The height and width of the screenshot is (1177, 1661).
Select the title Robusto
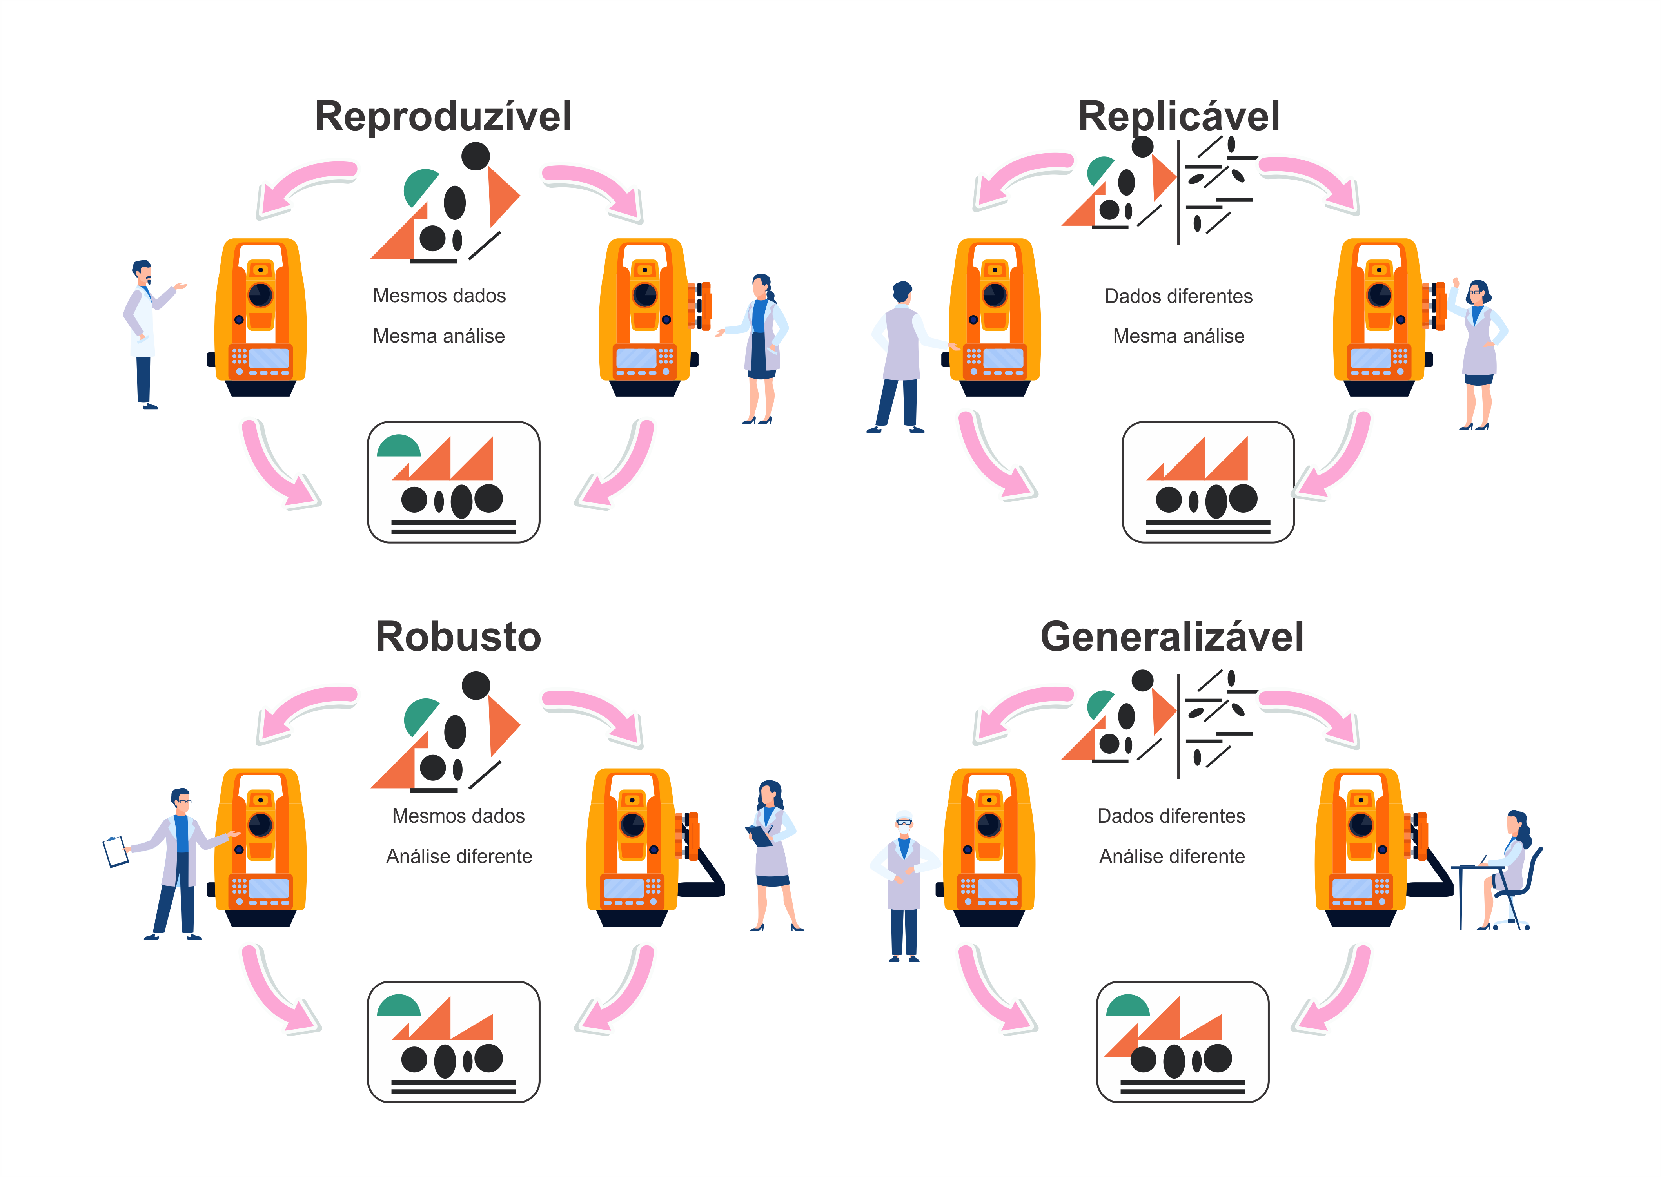pos(458,637)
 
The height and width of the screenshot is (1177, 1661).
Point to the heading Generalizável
pos(1172,637)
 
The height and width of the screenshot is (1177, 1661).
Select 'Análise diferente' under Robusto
pos(459,857)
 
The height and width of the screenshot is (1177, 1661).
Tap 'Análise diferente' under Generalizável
pos(1172,857)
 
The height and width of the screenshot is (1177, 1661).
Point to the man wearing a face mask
pos(904,884)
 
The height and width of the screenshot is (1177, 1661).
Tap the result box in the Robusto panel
pos(454,1041)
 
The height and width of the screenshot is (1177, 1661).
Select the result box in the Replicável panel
pos(1208,482)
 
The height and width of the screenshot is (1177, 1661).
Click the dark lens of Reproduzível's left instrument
pos(260,295)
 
